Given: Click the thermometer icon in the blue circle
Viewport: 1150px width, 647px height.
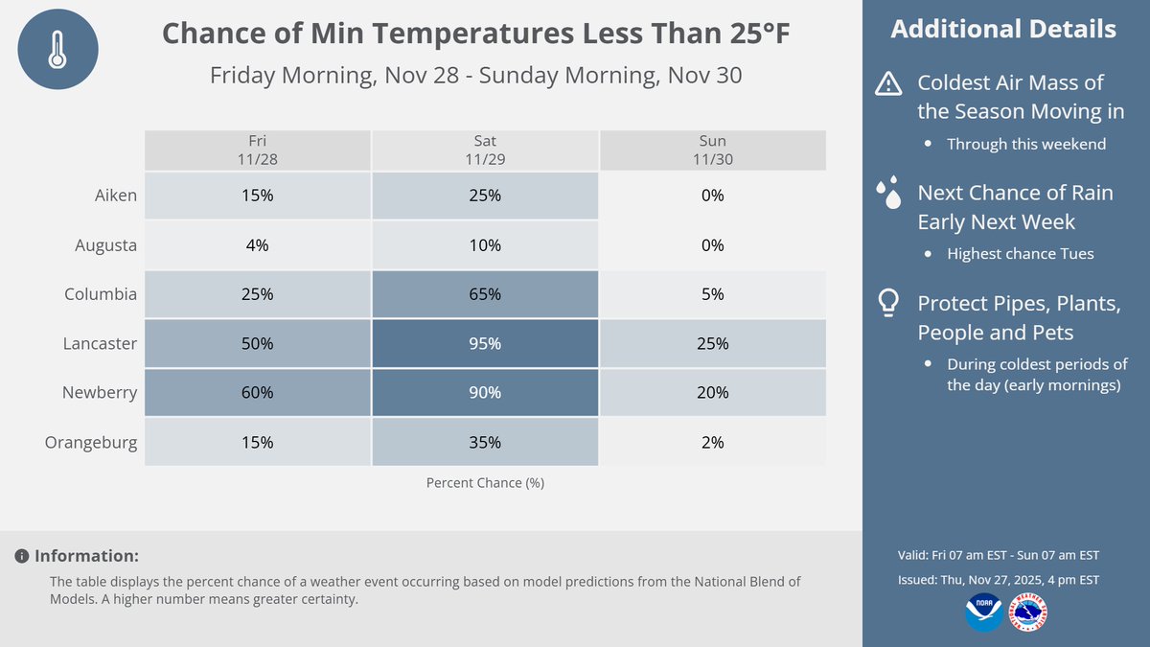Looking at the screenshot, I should pyautogui.click(x=58, y=50).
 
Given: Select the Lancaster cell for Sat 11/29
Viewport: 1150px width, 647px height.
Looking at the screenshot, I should pyautogui.click(x=485, y=343).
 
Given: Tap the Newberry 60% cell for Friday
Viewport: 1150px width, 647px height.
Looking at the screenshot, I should pyautogui.click(x=257, y=392).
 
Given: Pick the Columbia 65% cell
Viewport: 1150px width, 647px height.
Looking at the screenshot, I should pyautogui.click(x=485, y=294).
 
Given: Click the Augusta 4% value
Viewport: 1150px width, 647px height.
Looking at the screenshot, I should pyautogui.click(x=257, y=245).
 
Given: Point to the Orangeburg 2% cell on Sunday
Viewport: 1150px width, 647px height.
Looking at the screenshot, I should pyautogui.click(x=712, y=442).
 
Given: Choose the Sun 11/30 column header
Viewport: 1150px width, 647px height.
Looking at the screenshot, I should pyautogui.click(x=712, y=150).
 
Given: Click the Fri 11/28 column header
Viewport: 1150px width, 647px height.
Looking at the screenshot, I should pyautogui.click(x=257, y=150).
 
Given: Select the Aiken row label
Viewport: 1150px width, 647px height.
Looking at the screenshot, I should pyautogui.click(x=115, y=196).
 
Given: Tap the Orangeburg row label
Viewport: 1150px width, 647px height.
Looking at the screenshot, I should pyautogui.click(x=91, y=442).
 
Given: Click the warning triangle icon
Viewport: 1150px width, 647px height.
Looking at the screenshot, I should pyautogui.click(x=888, y=85).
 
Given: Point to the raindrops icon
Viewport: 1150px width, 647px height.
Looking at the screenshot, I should pyautogui.click(x=888, y=194).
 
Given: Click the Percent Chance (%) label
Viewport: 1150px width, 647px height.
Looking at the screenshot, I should pyautogui.click(x=485, y=483).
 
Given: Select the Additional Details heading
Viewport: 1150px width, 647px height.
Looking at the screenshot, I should pyautogui.click(x=1003, y=29).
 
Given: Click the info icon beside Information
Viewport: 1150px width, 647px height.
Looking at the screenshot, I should pyautogui.click(x=21, y=556).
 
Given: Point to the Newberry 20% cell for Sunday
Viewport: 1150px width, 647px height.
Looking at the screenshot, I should pyautogui.click(x=712, y=392).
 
